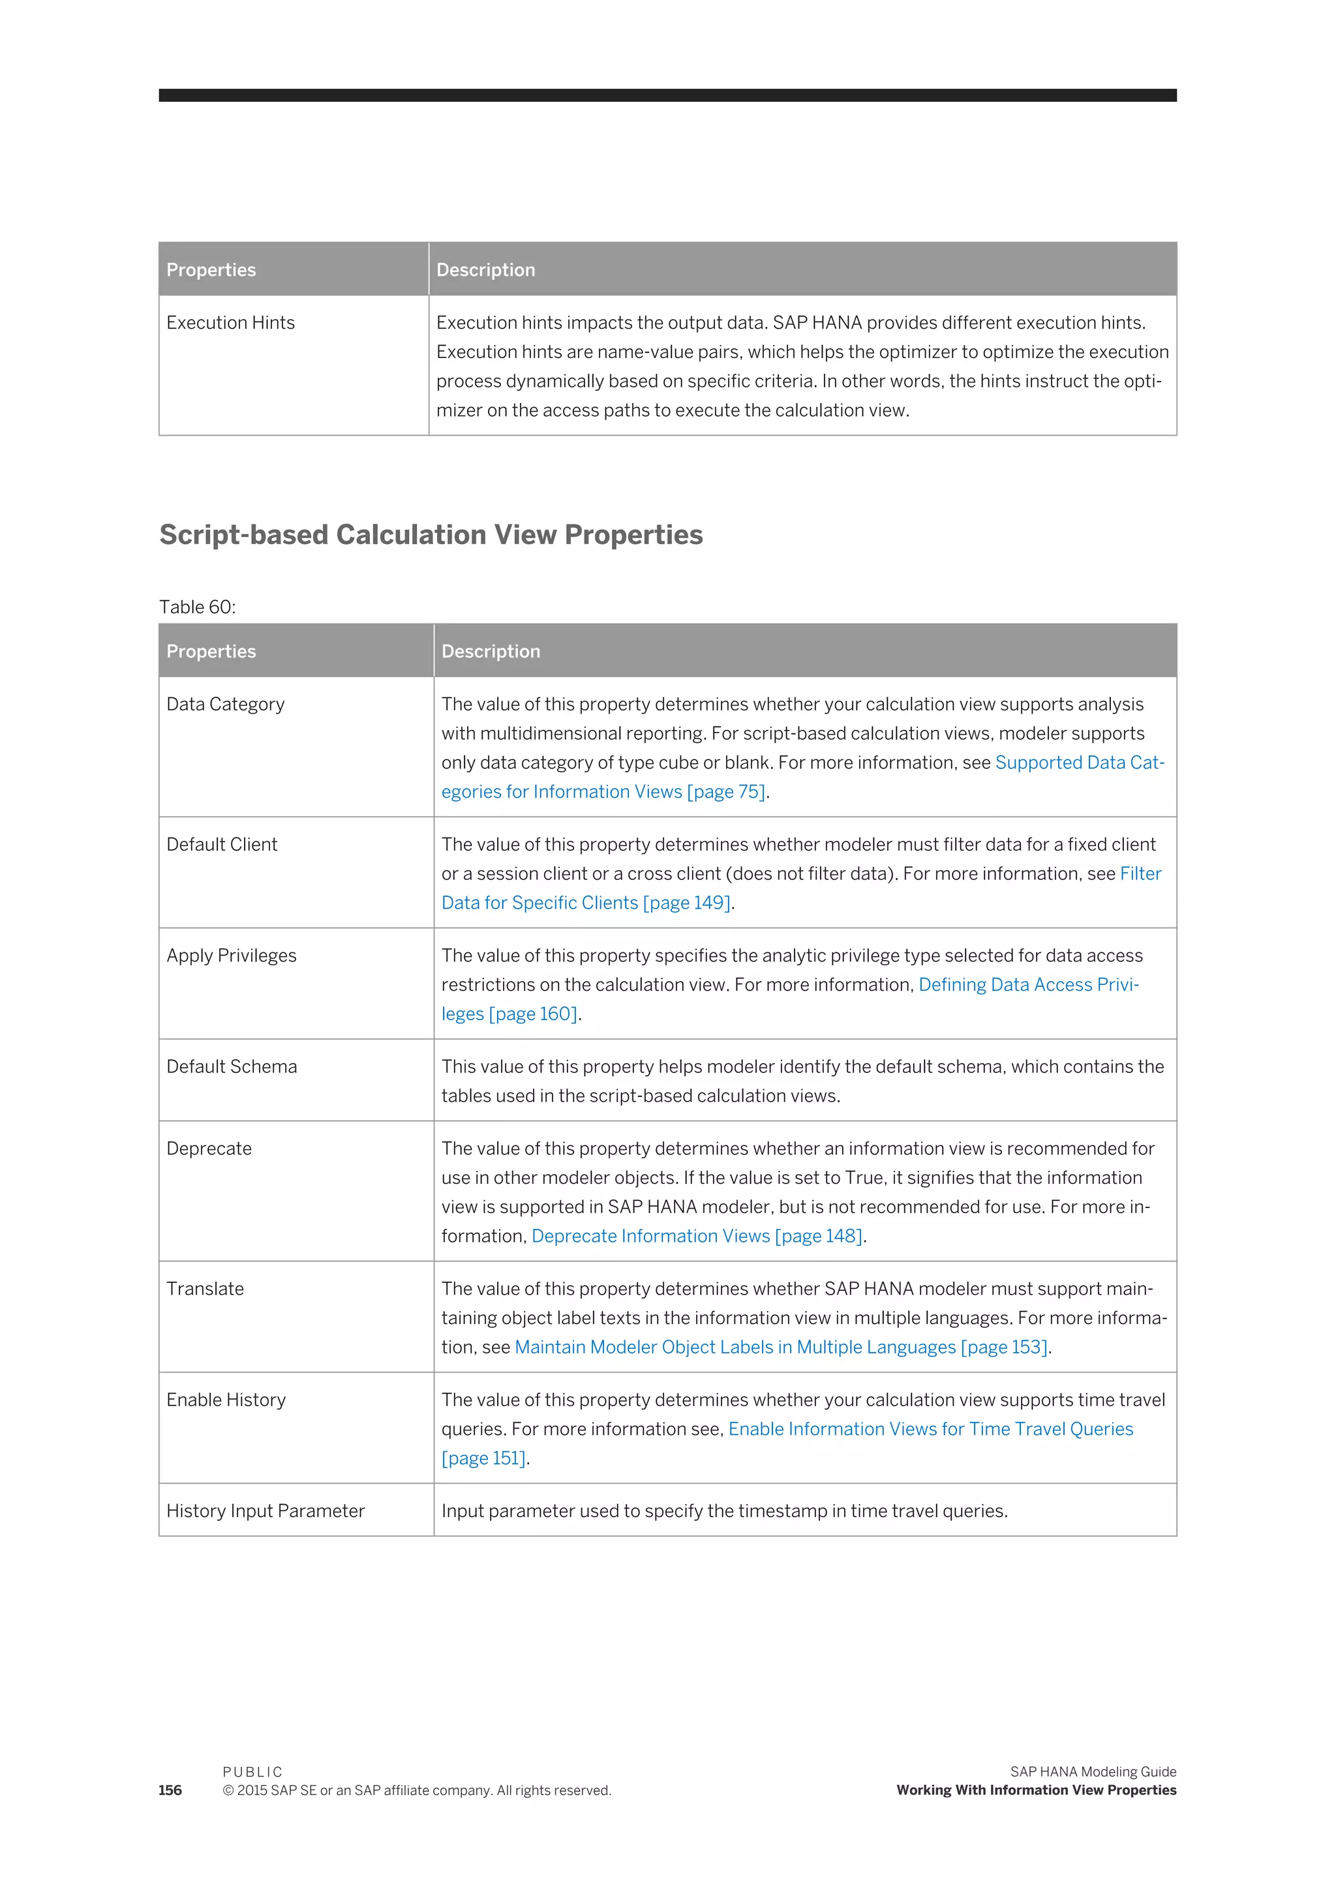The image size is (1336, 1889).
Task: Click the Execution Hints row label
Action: pyautogui.click(x=230, y=322)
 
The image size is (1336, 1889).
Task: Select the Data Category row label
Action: pyautogui.click(x=226, y=704)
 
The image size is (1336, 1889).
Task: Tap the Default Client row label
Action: pyautogui.click(x=222, y=844)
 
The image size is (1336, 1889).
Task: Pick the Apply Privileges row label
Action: pyautogui.click(x=231, y=955)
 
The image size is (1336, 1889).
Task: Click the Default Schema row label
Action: pyautogui.click(x=232, y=1066)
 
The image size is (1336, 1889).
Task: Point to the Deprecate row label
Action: pyautogui.click(x=209, y=1149)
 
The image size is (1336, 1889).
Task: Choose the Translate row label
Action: pyautogui.click(x=205, y=1288)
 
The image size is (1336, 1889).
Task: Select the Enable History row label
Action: pyautogui.click(x=226, y=1400)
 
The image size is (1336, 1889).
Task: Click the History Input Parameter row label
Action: pyautogui.click(x=266, y=1511)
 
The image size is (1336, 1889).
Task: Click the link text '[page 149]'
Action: pyautogui.click(x=686, y=903)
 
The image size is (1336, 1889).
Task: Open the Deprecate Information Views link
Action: pyautogui.click(x=650, y=1236)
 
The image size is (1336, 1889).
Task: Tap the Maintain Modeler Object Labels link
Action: pyautogui.click(x=735, y=1347)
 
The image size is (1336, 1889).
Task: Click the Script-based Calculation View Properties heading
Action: pyautogui.click(x=431, y=535)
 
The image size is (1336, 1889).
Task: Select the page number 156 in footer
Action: pyautogui.click(x=170, y=1791)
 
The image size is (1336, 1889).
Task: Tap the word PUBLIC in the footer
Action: pyautogui.click(x=252, y=1772)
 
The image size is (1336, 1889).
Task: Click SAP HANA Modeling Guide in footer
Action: pyautogui.click(x=1093, y=1772)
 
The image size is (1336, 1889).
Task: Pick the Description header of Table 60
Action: pyautogui.click(x=491, y=652)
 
